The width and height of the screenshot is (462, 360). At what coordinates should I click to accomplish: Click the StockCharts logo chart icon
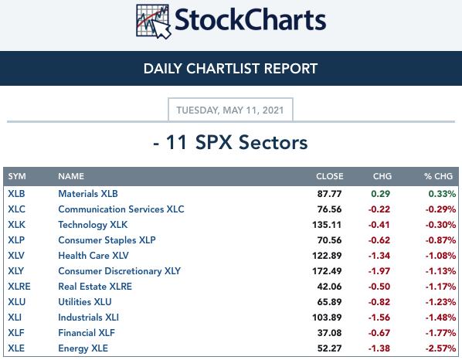tap(153, 21)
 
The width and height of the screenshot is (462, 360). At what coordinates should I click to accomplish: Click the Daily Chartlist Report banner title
tap(230, 69)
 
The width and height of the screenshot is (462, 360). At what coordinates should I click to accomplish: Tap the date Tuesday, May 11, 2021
tap(230, 110)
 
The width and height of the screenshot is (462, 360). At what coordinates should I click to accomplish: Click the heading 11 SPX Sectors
tap(230, 142)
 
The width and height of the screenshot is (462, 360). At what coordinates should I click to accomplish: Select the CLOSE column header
tap(330, 176)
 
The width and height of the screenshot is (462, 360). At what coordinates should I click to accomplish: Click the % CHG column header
tap(438, 176)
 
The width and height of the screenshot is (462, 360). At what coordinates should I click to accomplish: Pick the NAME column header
tap(71, 176)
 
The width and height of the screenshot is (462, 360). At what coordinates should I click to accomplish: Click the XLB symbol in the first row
tap(16, 194)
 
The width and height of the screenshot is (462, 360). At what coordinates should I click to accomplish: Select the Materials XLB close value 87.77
tap(329, 194)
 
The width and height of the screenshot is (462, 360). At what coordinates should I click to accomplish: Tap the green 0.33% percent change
tap(442, 194)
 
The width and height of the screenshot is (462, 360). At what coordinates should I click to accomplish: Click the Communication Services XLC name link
tap(121, 209)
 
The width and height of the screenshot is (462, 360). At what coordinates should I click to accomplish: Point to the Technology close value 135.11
tap(327, 225)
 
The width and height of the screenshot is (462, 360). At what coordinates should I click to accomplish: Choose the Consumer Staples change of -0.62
tap(379, 240)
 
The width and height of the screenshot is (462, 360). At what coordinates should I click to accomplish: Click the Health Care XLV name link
tap(93, 256)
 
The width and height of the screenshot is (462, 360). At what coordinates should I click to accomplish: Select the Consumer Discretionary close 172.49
tap(327, 271)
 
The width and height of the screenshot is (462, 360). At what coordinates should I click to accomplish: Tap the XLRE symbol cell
tap(19, 287)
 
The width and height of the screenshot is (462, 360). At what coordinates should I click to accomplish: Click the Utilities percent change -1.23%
tap(440, 302)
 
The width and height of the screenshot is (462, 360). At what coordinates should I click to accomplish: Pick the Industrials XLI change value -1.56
tap(379, 318)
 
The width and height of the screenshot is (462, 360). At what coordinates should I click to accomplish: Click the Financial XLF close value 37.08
tap(329, 333)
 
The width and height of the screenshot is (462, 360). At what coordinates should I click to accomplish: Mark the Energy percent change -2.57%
tap(440, 348)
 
